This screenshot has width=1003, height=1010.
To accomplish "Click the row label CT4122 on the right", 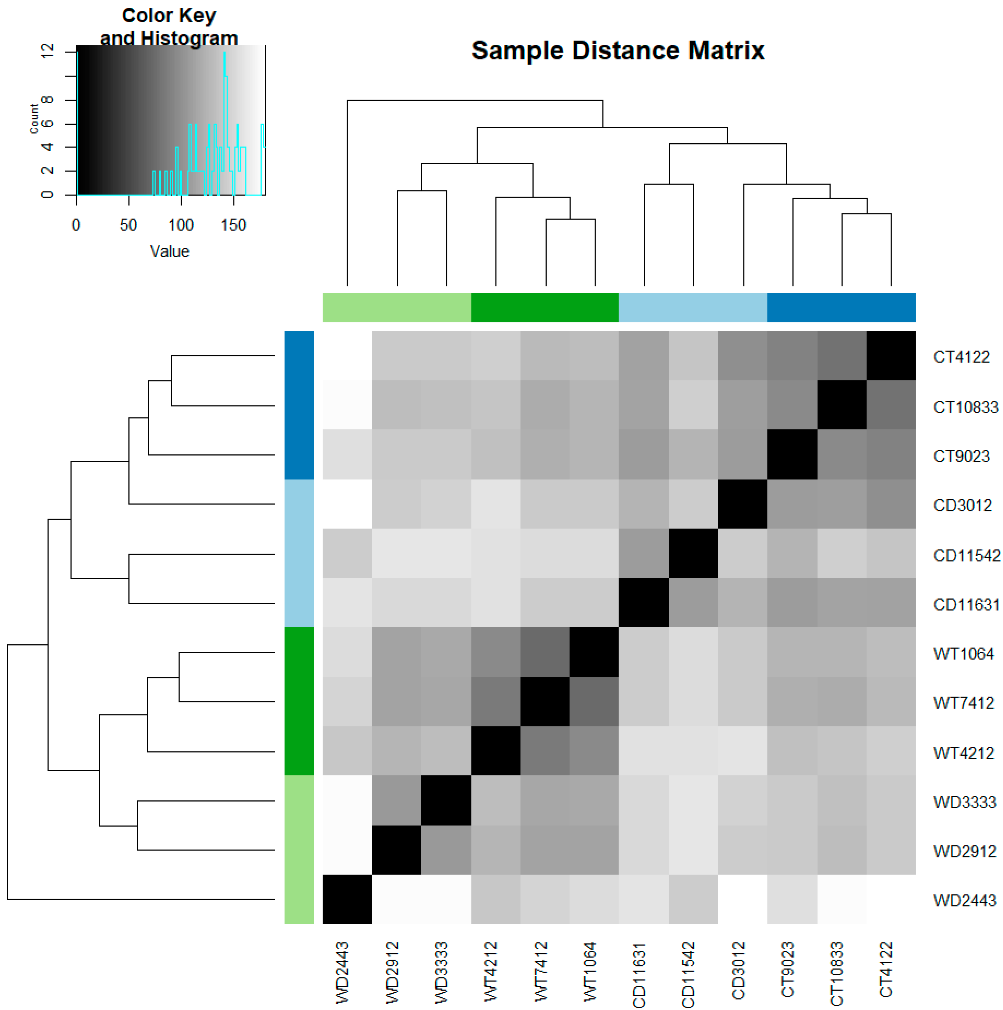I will [961, 357].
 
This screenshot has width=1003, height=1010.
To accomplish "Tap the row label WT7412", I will [963, 703].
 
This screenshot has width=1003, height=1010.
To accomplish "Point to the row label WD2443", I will [964, 901].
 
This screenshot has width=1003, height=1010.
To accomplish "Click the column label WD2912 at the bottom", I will [393, 972].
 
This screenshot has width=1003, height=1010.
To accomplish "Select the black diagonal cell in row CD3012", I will [743, 504].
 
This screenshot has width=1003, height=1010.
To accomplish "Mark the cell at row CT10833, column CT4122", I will [891, 404].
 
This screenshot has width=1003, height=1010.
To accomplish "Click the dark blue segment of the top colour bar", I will [841, 307].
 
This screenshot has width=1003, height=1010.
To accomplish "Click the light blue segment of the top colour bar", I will [693, 307].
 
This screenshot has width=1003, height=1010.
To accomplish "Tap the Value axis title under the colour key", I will [170, 252].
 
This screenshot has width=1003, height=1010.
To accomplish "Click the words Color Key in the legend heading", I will [168, 16].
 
